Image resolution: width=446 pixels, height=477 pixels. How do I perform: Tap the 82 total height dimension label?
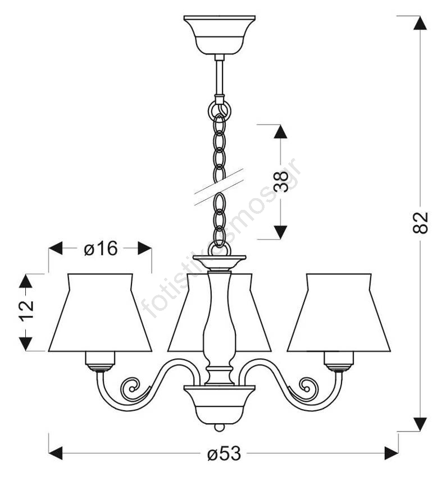pyautogui.click(x=420, y=223)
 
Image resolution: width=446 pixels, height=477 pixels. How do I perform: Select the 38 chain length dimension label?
pyautogui.click(x=280, y=182)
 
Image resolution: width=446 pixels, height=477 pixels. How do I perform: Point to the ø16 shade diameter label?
pyautogui.click(x=101, y=248)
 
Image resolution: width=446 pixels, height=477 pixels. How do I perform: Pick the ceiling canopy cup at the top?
pyautogui.click(x=220, y=35)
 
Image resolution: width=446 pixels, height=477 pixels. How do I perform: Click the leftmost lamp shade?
pyautogui.click(x=100, y=313)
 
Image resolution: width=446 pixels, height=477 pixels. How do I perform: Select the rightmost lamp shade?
pyautogui.click(x=339, y=313)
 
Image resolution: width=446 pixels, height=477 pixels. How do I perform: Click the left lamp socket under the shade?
pyautogui.click(x=100, y=361)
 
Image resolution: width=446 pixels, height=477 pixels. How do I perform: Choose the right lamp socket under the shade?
pyautogui.click(x=339, y=361)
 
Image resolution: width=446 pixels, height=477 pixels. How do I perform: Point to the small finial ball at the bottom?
pyautogui.click(x=219, y=428)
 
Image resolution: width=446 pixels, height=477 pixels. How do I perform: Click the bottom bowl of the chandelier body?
pyautogui.click(x=219, y=405)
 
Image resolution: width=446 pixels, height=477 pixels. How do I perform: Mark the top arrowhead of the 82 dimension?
pyautogui.click(x=420, y=23)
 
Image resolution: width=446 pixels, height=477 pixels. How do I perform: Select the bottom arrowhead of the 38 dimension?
pyautogui.click(x=280, y=232)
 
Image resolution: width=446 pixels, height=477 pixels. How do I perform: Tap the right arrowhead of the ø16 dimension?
pyautogui.click(x=144, y=248)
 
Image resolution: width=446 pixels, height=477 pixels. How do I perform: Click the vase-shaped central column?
pyautogui.click(x=219, y=327)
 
